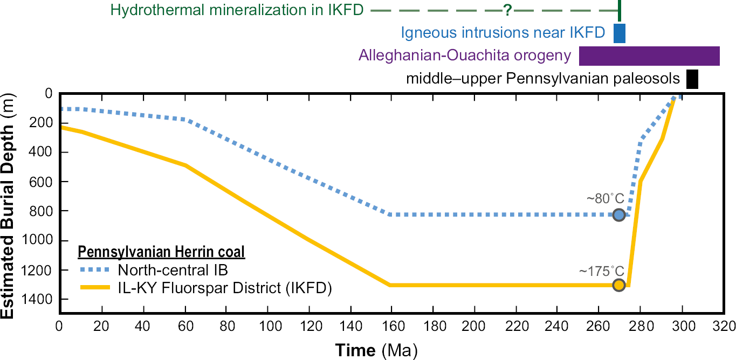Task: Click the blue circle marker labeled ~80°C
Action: (619, 214)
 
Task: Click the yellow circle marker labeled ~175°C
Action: (619, 285)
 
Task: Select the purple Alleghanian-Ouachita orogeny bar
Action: (649, 56)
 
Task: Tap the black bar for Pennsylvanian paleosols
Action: (692, 79)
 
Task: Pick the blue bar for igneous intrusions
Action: (620, 33)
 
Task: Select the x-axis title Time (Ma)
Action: (376, 350)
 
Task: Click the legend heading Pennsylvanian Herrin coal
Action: (162, 252)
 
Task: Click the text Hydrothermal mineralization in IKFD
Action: (237, 10)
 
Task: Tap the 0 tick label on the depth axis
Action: (49, 94)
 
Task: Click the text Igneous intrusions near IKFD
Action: (503, 33)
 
